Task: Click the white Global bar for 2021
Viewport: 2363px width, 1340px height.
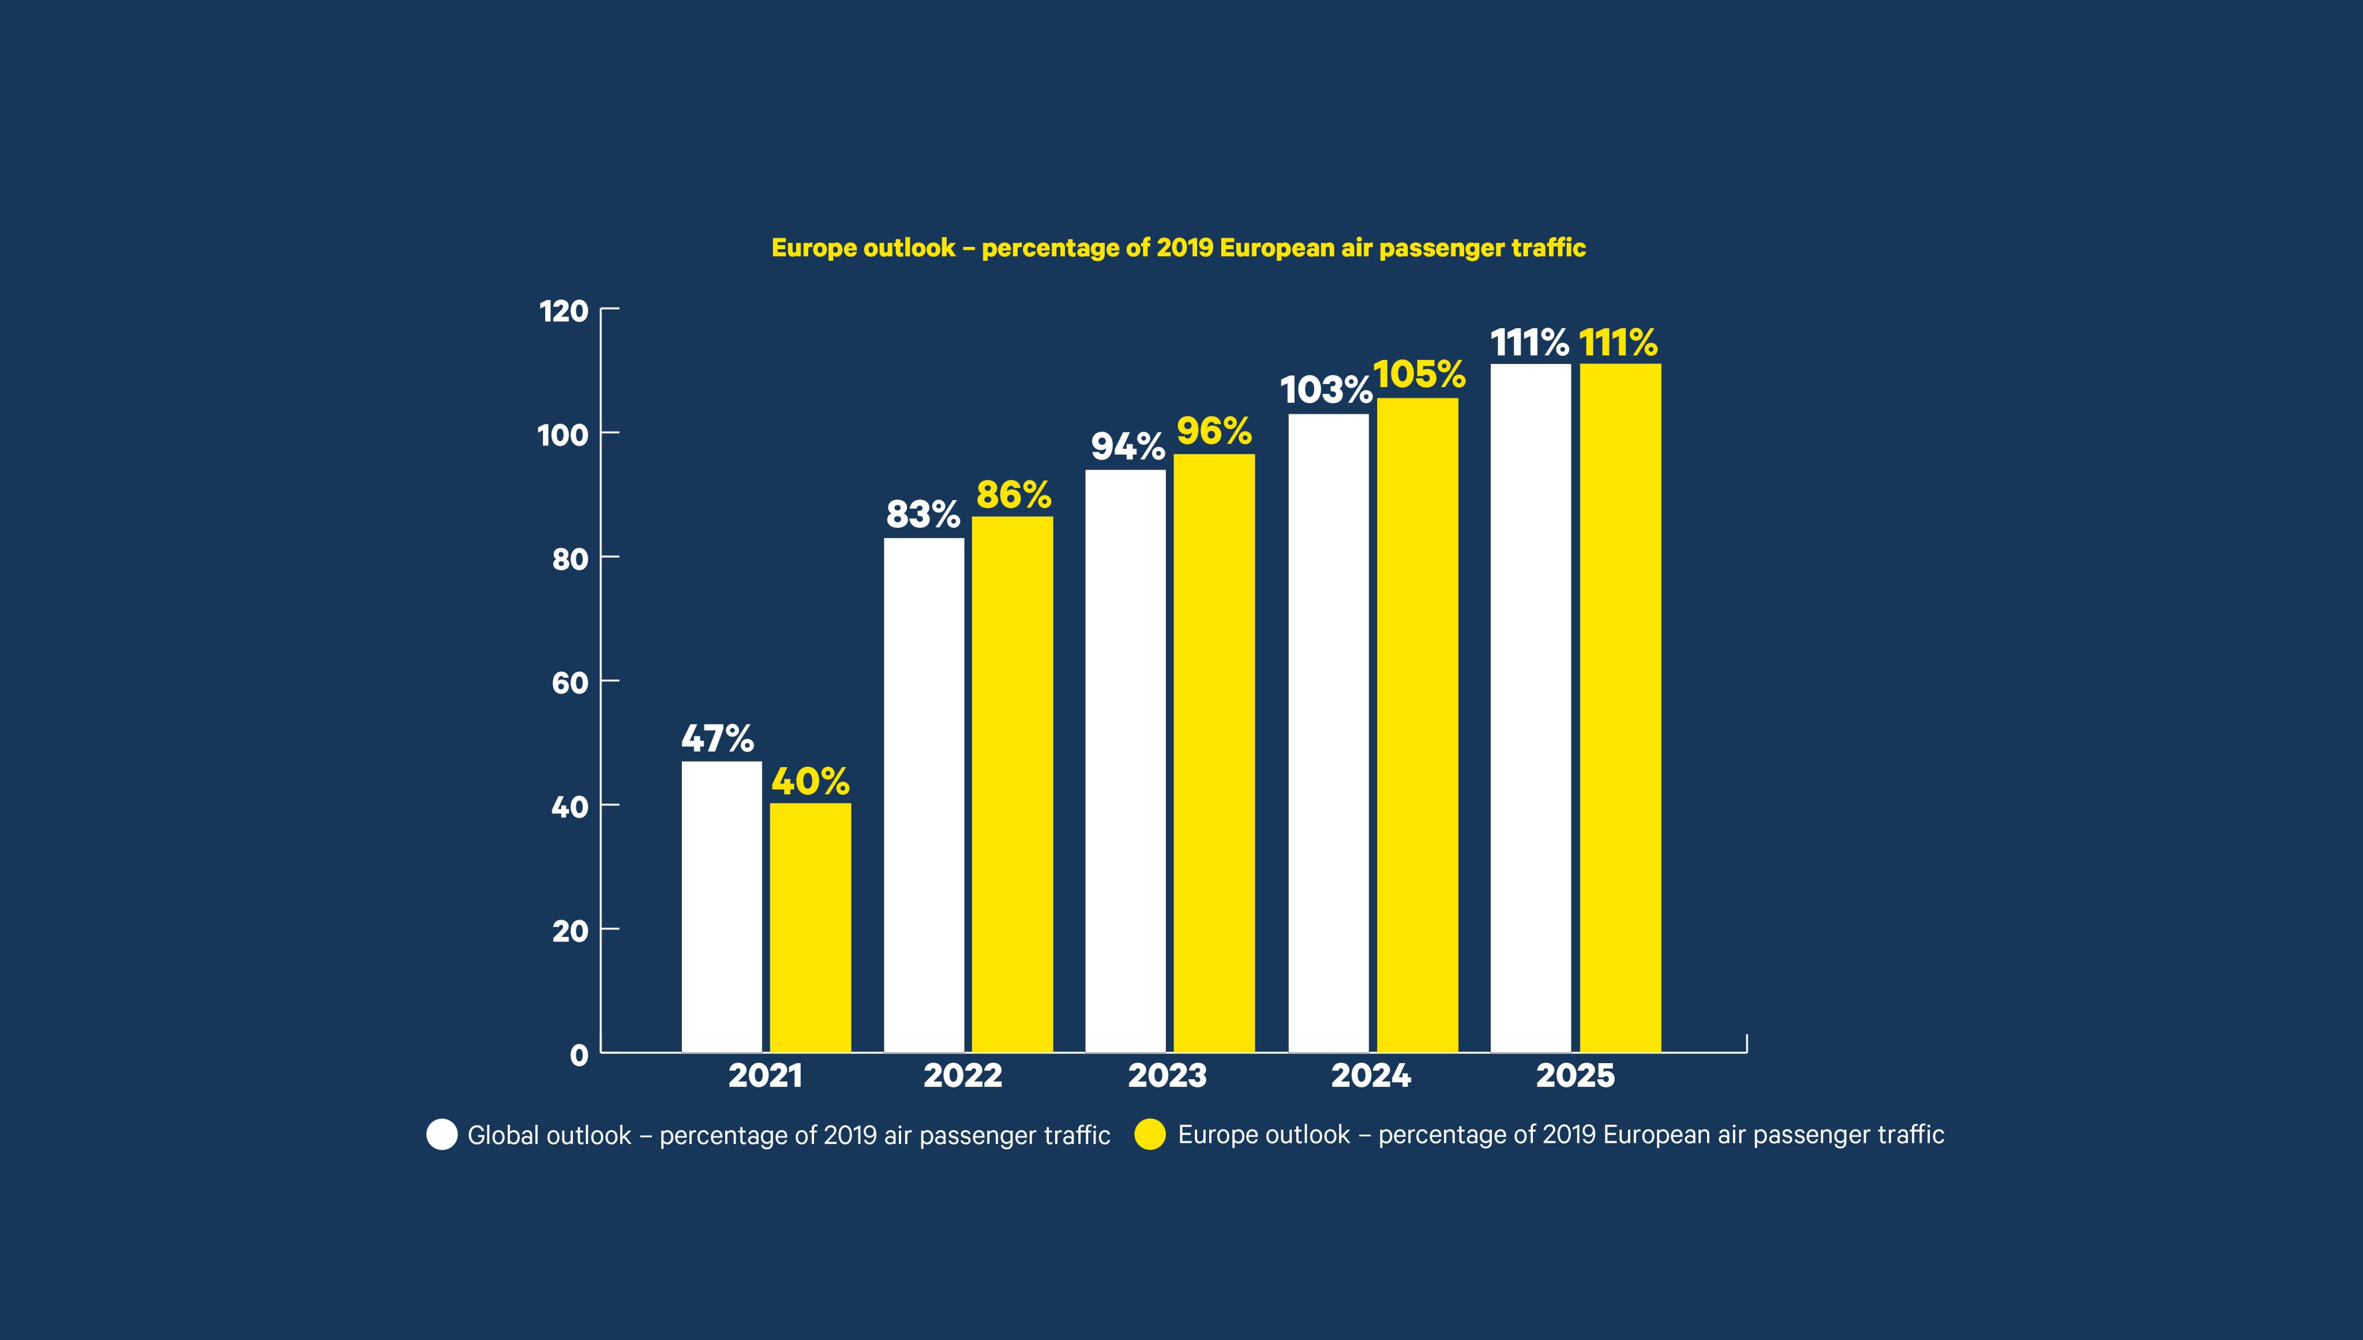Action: point(721,907)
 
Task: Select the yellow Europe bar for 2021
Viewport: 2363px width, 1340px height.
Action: point(810,928)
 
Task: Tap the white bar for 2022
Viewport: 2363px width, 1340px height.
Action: point(924,795)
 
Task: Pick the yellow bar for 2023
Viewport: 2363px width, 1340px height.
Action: point(1214,753)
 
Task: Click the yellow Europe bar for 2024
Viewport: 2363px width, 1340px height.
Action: point(1417,725)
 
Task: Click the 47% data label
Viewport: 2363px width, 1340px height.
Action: point(717,738)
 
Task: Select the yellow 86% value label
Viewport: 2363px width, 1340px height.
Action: point(1013,495)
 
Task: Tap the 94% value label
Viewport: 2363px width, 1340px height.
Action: point(1127,446)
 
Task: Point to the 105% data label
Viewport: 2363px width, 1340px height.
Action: point(1419,374)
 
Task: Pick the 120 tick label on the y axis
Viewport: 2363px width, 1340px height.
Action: point(563,311)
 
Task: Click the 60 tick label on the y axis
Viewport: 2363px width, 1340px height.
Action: point(569,683)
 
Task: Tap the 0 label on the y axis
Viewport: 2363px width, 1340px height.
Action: point(579,1054)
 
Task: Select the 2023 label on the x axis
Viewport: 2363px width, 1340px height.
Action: point(1167,1076)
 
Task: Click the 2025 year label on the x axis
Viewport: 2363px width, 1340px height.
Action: point(1574,1076)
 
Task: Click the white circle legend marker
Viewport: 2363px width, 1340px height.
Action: point(442,1135)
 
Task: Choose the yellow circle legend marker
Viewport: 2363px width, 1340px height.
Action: point(1149,1135)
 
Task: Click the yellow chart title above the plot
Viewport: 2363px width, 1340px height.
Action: point(1178,247)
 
